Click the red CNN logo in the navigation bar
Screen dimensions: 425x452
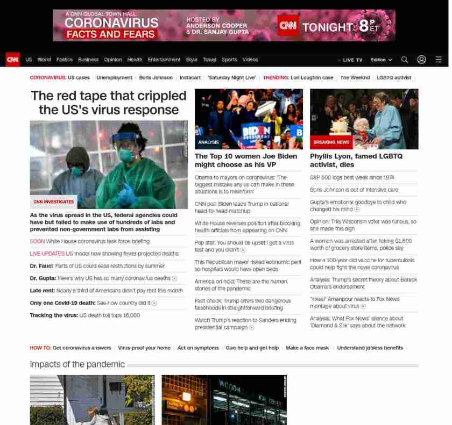pyautogui.click(x=12, y=60)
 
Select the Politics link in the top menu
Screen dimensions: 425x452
pyautogui.click(x=64, y=60)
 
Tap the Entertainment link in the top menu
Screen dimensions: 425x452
pyautogui.click(x=164, y=60)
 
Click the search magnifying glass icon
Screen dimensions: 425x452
pyautogui.click(x=405, y=60)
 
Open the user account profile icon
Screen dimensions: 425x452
pyautogui.click(x=421, y=60)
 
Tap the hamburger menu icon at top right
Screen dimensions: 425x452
pyautogui.click(x=439, y=60)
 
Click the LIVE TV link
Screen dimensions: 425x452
pyautogui.click(x=352, y=60)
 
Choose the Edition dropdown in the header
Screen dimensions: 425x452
pyautogui.click(x=381, y=60)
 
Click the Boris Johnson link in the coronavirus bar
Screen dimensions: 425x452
pyautogui.click(x=156, y=77)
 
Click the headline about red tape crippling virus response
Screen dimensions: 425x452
pyautogui.click(x=109, y=103)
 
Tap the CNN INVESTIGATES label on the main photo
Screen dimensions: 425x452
pyautogui.click(x=54, y=202)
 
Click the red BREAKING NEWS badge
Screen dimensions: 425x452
pyautogui.click(x=331, y=142)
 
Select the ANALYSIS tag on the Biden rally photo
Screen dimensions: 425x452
pyautogui.click(x=208, y=142)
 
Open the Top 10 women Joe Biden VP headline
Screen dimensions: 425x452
pyautogui.click(x=246, y=160)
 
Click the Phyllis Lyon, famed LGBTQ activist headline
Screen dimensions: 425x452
pyautogui.click(x=356, y=160)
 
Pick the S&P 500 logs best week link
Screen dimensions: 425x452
pyautogui.click(x=352, y=177)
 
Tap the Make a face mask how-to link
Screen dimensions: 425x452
pyautogui.click(x=307, y=348)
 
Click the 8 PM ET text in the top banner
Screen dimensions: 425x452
pyautogui.click(x=368, y=26)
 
